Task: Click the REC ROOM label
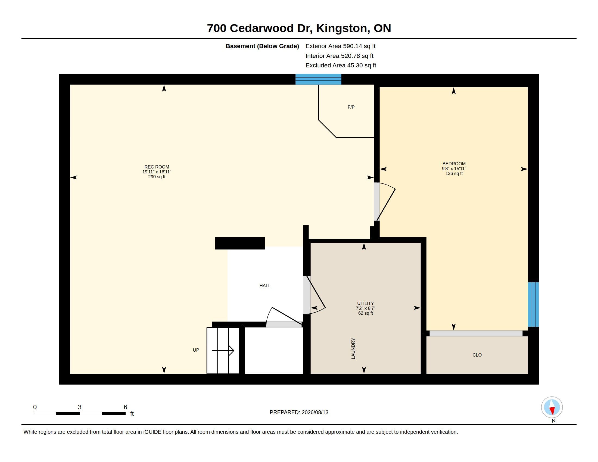click(157, 167)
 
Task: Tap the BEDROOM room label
click(454, 164)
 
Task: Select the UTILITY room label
click(365, 303)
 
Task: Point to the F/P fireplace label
click(351, 107)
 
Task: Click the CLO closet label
click(477, 355)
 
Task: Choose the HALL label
click(265, 285)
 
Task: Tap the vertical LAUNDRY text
click(353, 348)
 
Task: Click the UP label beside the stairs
click(196, 350)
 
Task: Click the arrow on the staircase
click(223, 350)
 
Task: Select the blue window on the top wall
click(318, 79)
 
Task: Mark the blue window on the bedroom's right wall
click(533, 304)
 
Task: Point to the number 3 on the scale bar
click(80, 407)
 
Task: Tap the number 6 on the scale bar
click(125, 407)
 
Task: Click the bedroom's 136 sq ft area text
click(454, 174)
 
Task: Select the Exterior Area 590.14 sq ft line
click(340, 46)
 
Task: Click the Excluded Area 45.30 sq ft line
click(341, 65)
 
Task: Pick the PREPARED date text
click(299, 412)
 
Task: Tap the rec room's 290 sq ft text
click(157, 177)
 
